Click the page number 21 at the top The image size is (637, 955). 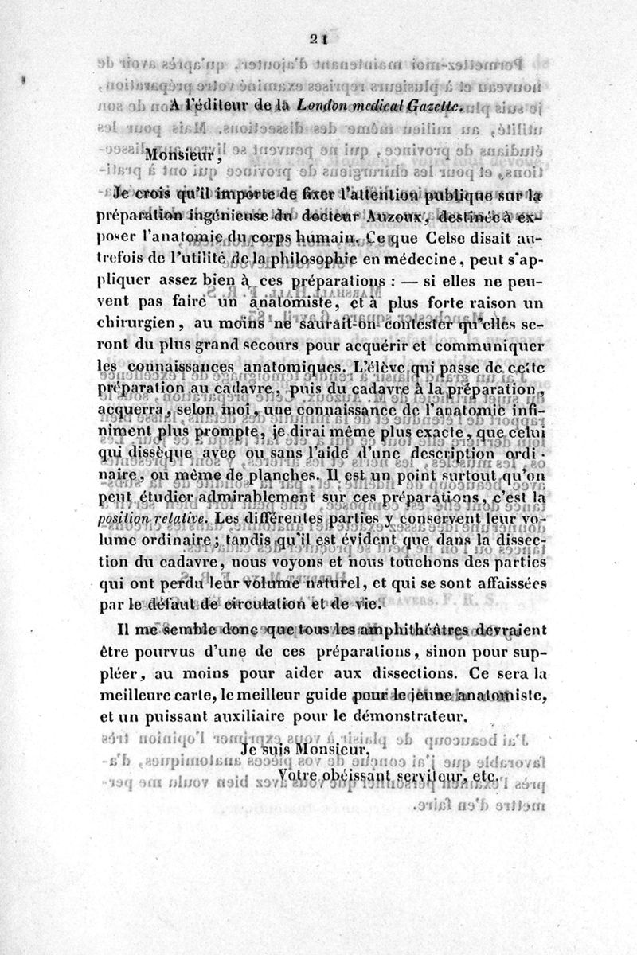point(319,45)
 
